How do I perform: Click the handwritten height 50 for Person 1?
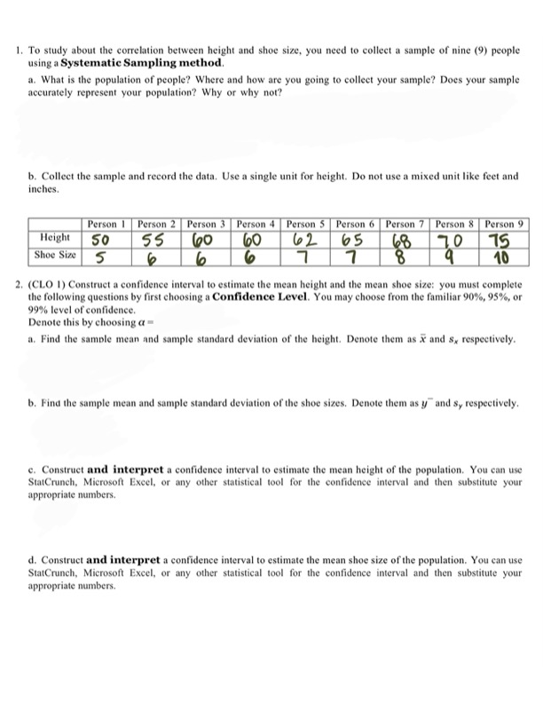tap(101, 241)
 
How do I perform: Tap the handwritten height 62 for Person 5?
tap(304, 241)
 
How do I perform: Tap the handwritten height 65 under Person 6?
tap(353, 241)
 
